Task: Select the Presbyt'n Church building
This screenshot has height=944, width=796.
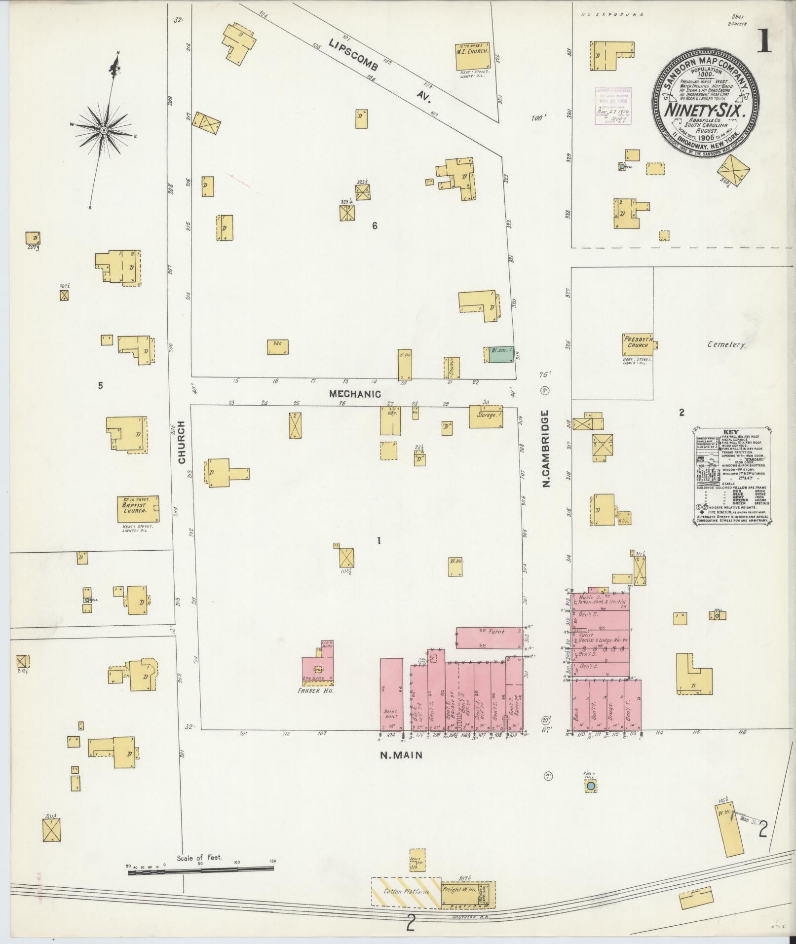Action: pos(638,344)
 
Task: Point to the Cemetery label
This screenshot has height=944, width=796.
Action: pos(725,345)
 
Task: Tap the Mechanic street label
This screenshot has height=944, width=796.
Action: pos(355,394)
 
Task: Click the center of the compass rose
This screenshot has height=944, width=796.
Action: pos(104,130)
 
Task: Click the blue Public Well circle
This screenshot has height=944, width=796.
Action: pos(590,786)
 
